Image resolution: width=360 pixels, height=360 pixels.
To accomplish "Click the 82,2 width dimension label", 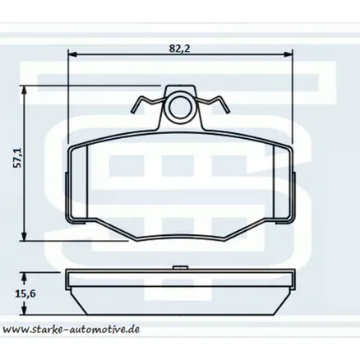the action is (180, 48).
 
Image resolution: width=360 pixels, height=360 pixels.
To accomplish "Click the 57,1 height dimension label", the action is (18, 158).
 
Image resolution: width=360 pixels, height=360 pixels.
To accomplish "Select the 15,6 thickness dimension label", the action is (25, 294).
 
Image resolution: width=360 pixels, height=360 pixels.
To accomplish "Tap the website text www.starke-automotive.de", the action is (71, 329).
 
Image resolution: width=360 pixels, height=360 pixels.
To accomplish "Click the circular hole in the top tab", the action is (180, 107).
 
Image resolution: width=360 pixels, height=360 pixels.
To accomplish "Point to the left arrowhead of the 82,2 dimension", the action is (72, 54).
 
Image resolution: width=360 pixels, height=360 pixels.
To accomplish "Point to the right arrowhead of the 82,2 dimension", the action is (288, 54).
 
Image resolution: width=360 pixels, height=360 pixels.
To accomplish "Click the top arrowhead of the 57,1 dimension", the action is (25, 90).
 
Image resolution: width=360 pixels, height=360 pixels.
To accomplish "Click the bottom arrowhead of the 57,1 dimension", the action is (25, 237).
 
